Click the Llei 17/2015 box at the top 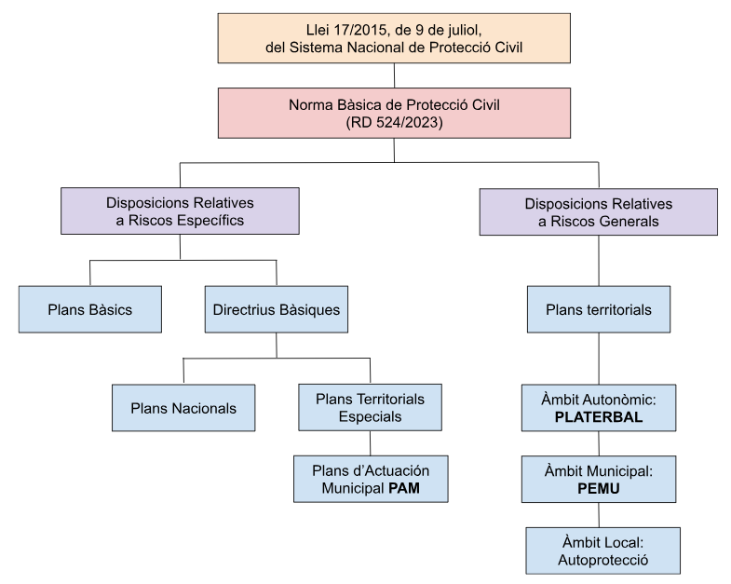(x=394, y=38)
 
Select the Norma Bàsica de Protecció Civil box (x=394, y=111)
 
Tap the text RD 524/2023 (x=394, y=120)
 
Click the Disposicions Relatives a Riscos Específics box (x=180, y=211)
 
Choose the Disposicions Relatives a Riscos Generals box (x=598, y=211)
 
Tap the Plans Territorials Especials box (x=371, y=407)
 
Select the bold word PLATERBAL (x=598, y=416)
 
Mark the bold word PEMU (x=598, y=487)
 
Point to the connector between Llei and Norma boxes (x=394, y=75)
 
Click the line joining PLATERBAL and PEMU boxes (x=598, y=442)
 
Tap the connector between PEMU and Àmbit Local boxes (x=598, y=515)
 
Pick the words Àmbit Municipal (x=598, y=471)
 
